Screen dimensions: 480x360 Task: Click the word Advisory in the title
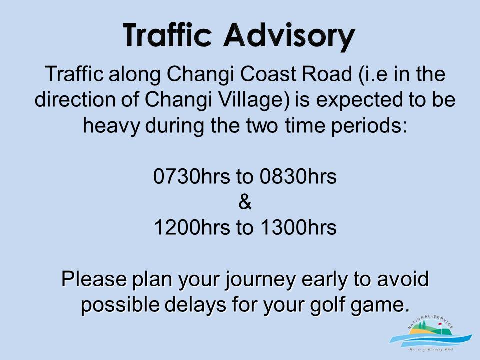pos(289,36)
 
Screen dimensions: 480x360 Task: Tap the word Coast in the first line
pos(268,74)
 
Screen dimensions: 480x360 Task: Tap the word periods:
pos(369,126)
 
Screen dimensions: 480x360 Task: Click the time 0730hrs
pos(191,176)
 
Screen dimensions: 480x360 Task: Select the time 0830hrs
pos(298,176)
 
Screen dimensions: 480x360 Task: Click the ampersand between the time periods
pos(245,202)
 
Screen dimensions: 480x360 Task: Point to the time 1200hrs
pos(192,227)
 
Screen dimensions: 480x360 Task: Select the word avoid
pos(403,279)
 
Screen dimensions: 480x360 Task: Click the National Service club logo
pos(430,333)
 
